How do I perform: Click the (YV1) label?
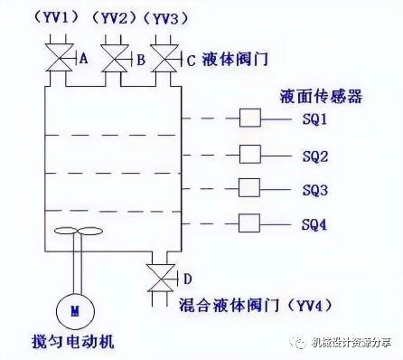[56, 18]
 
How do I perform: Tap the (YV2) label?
[114, 19]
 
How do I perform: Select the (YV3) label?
[165, 19]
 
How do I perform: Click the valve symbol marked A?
[60, 57]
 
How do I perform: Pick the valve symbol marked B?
[115, 59]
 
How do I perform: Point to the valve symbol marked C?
[164, 59]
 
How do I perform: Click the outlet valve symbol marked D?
[161, 278]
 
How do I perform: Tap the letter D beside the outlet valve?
[187, 279]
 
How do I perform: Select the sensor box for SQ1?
[250, 118]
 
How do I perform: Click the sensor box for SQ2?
[250, 154]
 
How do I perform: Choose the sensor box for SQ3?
[249, 188]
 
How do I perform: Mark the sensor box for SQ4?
[249, 223]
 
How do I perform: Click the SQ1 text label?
[314, 119]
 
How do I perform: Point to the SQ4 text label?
[314, 225]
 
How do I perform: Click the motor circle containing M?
[75, 311]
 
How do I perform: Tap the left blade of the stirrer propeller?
[66, 231]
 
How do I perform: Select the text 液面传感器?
[321, 97]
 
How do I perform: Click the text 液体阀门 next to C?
[235, 59]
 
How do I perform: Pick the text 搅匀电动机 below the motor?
[73, 341]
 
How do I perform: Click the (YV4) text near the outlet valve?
[309, 305]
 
